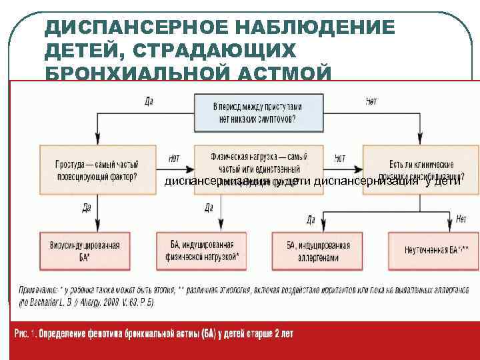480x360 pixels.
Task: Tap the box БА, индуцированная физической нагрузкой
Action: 201,251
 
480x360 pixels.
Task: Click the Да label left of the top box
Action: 150,101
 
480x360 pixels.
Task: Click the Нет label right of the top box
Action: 371,101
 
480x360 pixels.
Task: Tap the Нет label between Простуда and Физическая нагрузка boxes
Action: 174,159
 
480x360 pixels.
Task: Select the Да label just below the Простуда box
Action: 87,207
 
